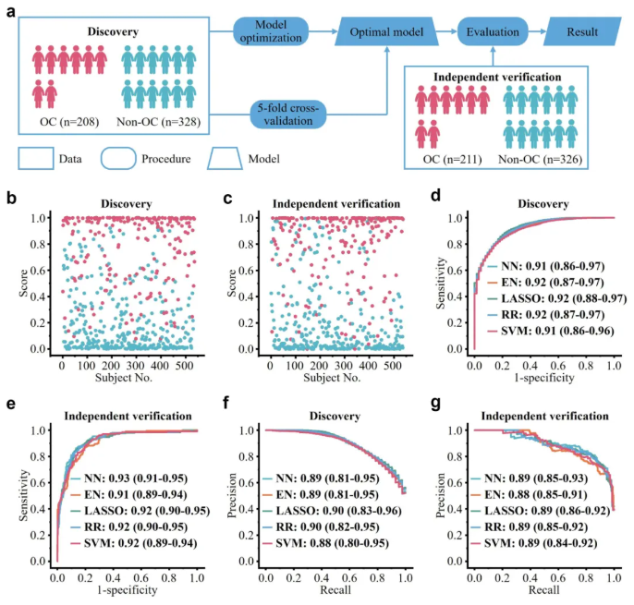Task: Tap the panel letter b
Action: click(x=10, y=198)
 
